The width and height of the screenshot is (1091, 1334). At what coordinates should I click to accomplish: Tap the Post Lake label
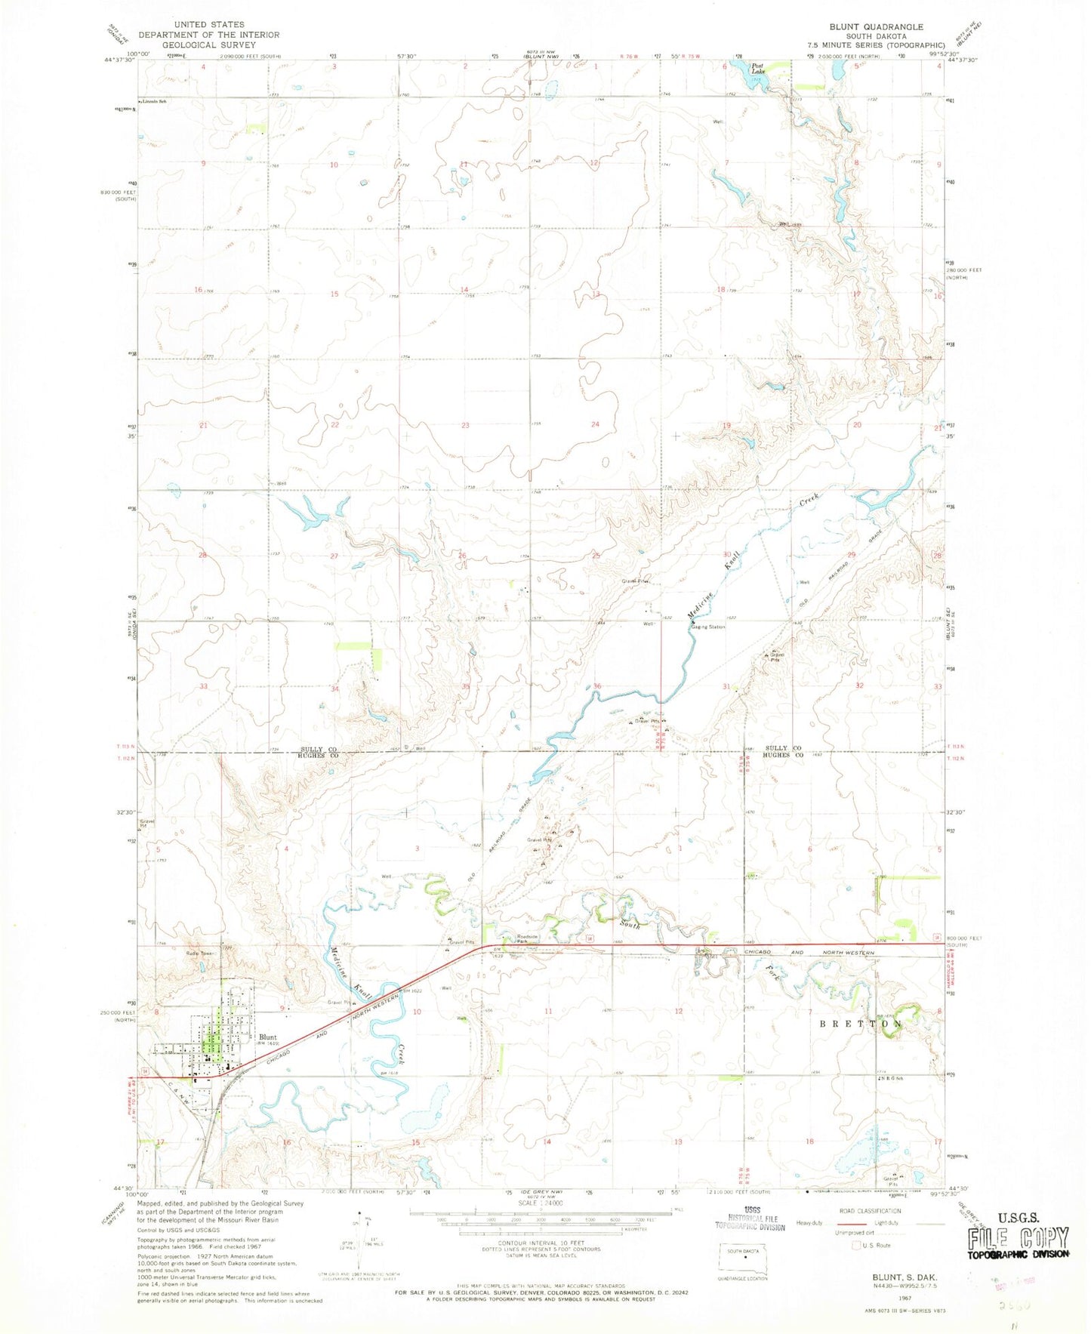[x=757, y=69]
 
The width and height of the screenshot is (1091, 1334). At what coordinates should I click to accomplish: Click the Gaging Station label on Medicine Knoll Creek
[x=708, y=627]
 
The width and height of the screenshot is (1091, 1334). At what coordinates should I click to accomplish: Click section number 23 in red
[x=465, y=425]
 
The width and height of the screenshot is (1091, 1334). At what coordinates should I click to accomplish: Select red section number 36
[x=597, y=685]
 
